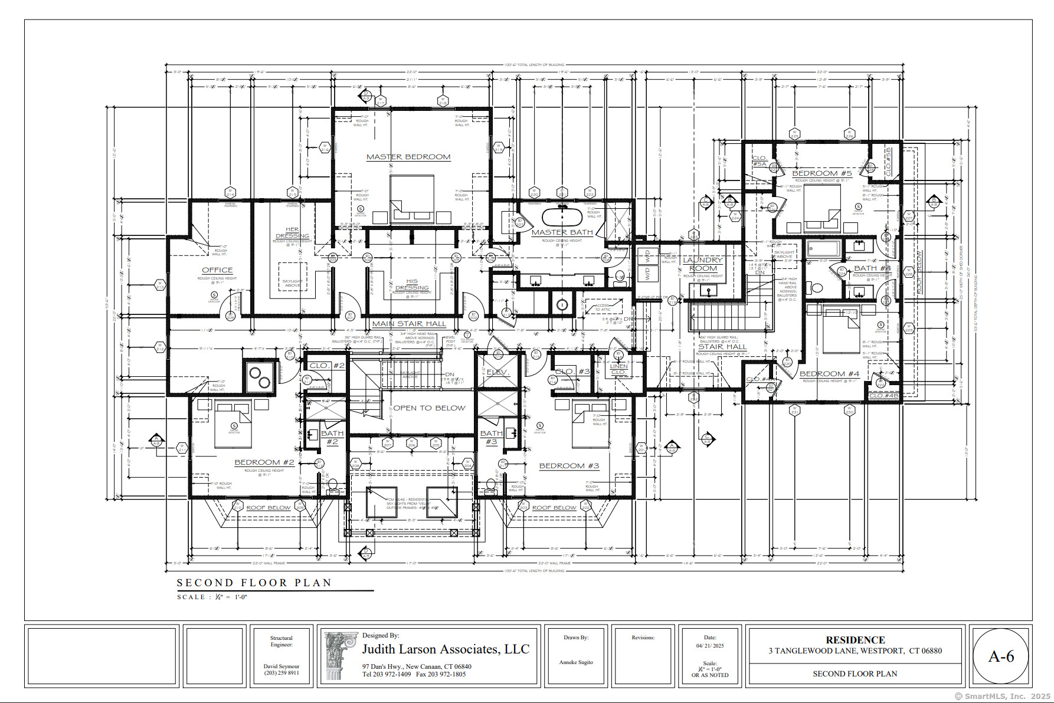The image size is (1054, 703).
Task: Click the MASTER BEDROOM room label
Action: pos(408,157)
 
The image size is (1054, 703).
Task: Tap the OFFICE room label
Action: pos(217,270)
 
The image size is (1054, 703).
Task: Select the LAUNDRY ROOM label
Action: pos(702,264)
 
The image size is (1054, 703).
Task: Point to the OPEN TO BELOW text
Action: pos(429,408)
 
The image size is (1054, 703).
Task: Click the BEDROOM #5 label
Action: pos(821,173)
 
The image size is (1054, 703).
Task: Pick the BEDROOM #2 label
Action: pos(264,462)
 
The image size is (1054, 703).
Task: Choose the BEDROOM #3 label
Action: pos(569,466)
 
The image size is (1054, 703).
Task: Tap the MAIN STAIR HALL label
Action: pos(409,324)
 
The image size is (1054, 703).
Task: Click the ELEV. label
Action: pos(497,372)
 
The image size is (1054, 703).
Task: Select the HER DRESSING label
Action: pos(292,233)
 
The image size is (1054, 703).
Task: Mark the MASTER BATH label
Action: pos(562,232)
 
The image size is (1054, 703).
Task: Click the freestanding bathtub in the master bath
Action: pos(562,217)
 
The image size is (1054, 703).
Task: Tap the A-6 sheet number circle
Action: pos(1001,656)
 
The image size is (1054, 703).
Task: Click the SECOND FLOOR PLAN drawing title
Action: pos(254,583)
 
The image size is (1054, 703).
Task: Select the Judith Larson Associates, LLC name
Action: pos(446,649)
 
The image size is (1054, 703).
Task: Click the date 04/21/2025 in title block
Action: pos(710,646)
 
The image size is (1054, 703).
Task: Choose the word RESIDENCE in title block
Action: pos(855,640)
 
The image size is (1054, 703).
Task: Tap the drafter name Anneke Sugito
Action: pos(576,662)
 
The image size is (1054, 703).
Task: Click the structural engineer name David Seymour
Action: pos(281,666)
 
